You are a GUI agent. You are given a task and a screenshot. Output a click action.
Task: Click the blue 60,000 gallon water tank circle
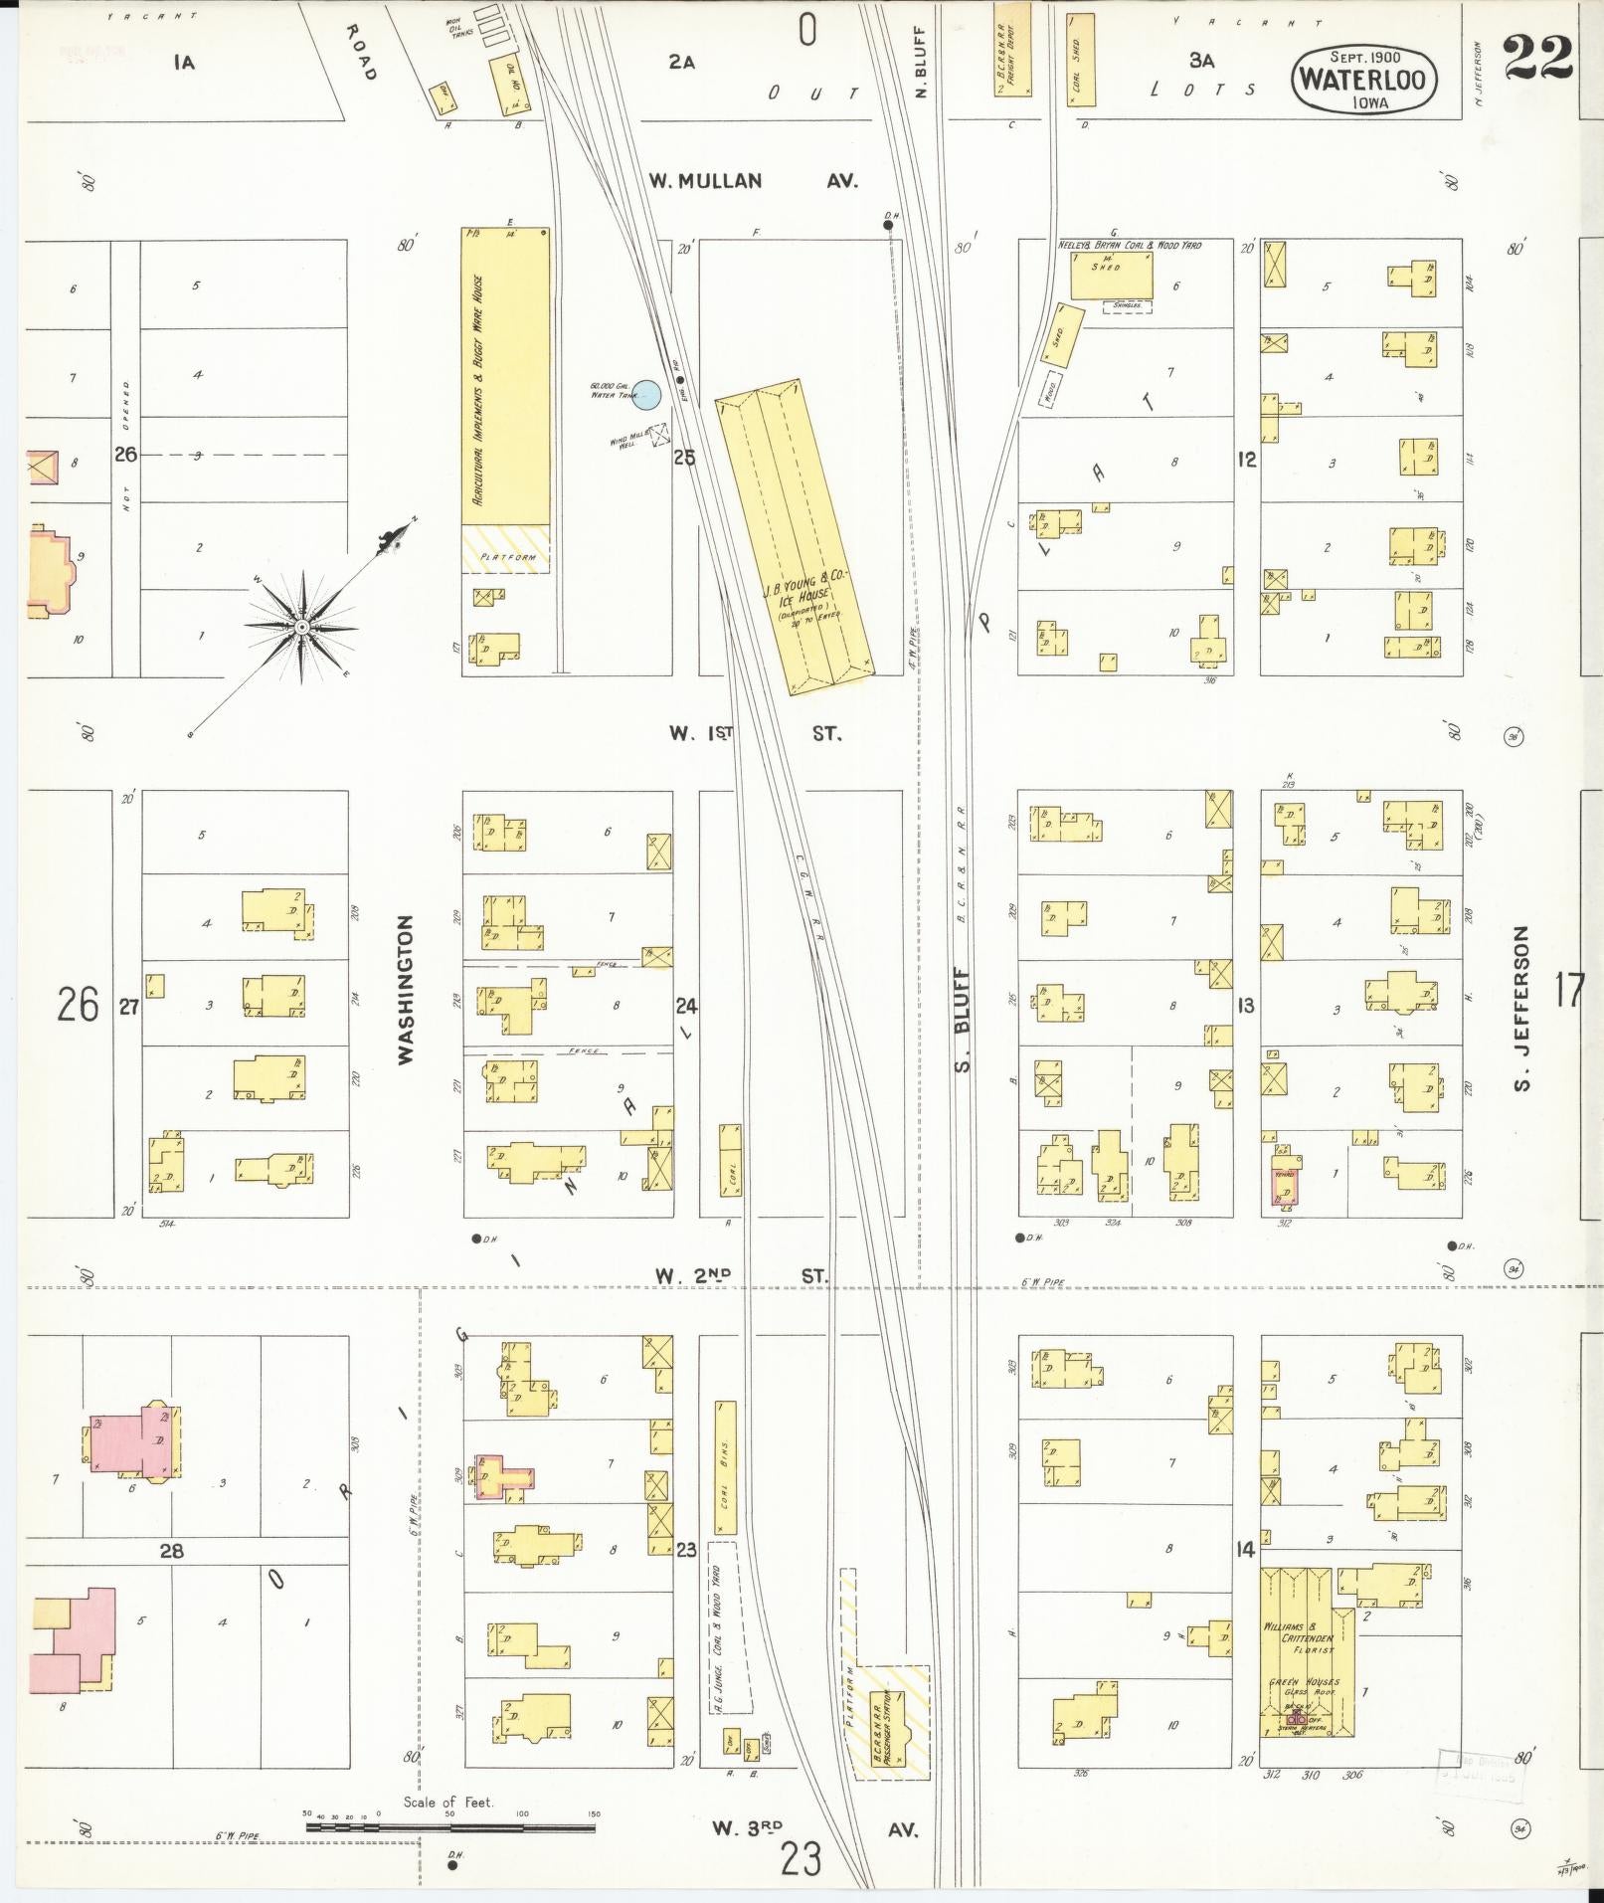[x=647, y=395]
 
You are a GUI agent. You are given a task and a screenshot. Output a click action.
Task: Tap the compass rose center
[x=301, y=628]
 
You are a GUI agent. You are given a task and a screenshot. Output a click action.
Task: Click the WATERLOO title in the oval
[x=1364, y=81]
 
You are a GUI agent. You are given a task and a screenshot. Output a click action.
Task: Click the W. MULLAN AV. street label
[x=753, y=181]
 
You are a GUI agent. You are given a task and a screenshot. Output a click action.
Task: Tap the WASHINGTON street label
[x=406, y=991]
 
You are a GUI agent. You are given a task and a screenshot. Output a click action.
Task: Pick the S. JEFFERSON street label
[x=1521, y=1008]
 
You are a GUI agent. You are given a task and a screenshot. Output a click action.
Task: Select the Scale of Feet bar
[x=450, y=1826]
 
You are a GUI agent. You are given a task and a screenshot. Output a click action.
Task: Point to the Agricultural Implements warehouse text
[x=477, y=393]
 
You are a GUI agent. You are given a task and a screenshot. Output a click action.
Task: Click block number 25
[x=684, y=458]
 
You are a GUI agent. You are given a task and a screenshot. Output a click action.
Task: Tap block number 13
[x=1246, y=1006]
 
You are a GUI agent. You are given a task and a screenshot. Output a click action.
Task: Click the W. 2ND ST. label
[x=741, y=1275]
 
